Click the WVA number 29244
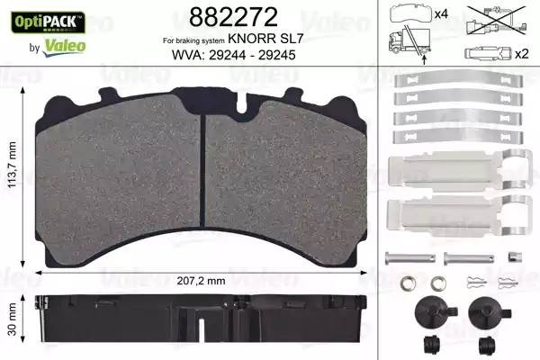228,56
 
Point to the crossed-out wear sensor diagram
492,27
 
